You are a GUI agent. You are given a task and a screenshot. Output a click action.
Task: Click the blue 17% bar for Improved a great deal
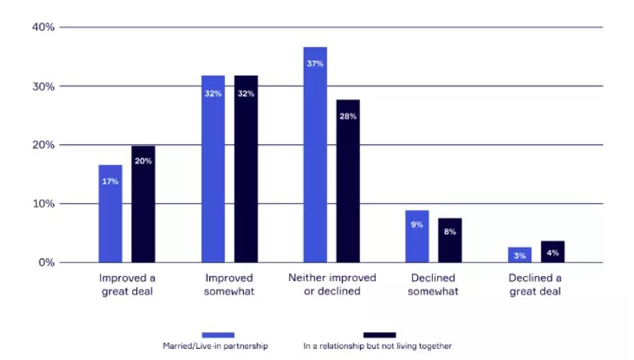110,214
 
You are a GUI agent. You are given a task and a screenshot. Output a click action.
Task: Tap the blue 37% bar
315,154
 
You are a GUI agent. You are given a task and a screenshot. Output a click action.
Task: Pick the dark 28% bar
348,181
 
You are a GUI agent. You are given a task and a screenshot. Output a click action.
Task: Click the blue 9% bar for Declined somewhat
417,236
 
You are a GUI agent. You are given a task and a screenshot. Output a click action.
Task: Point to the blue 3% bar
519,255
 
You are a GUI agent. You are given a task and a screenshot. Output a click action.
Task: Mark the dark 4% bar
552,252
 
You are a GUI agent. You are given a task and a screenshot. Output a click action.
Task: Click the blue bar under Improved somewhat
213,169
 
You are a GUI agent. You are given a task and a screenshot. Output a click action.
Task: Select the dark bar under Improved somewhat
246,169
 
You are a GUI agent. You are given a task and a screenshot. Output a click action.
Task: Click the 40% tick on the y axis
44,28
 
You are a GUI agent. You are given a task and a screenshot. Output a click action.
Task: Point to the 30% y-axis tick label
44,86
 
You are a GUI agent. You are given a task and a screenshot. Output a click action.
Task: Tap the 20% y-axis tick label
44,145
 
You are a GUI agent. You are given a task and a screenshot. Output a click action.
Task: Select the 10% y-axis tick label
44,204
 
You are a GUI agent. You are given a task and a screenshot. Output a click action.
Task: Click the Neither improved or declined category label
331,284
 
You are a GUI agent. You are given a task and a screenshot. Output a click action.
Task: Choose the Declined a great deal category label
535,284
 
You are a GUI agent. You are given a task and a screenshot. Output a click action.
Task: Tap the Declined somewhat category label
433,284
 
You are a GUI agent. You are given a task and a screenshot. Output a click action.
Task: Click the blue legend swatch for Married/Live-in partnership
218,334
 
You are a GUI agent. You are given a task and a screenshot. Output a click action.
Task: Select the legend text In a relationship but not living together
377,346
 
